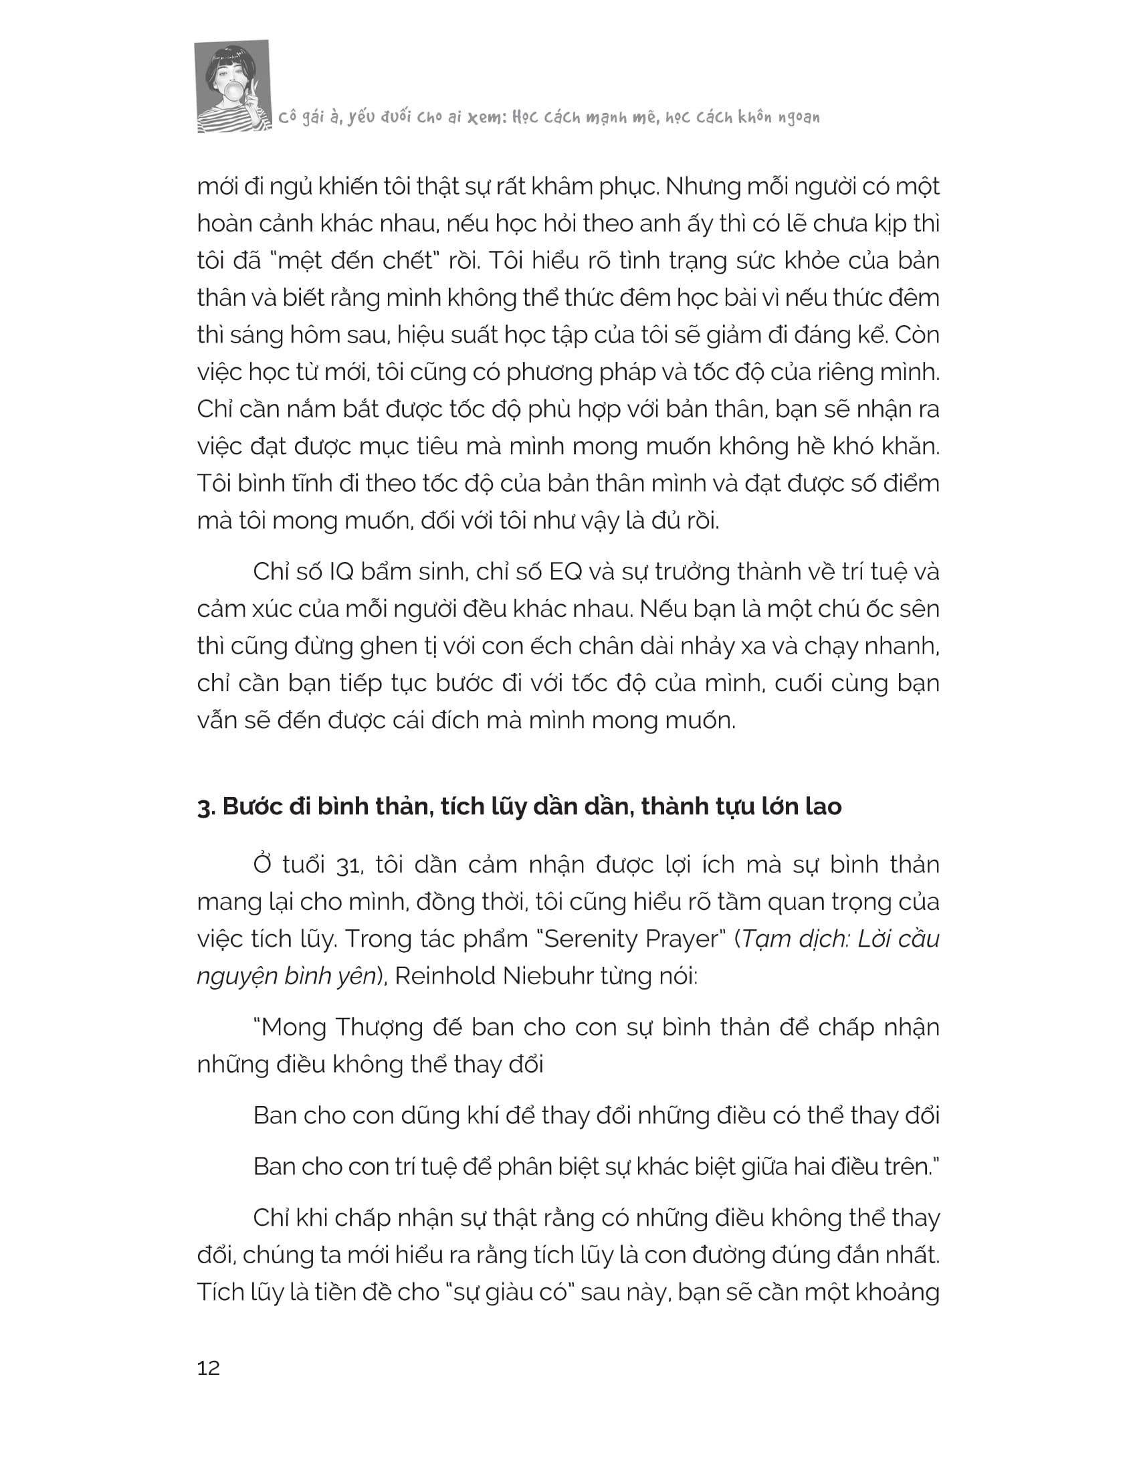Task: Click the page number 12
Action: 208,1368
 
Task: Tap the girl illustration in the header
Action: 232,86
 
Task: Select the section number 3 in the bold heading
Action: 203,807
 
